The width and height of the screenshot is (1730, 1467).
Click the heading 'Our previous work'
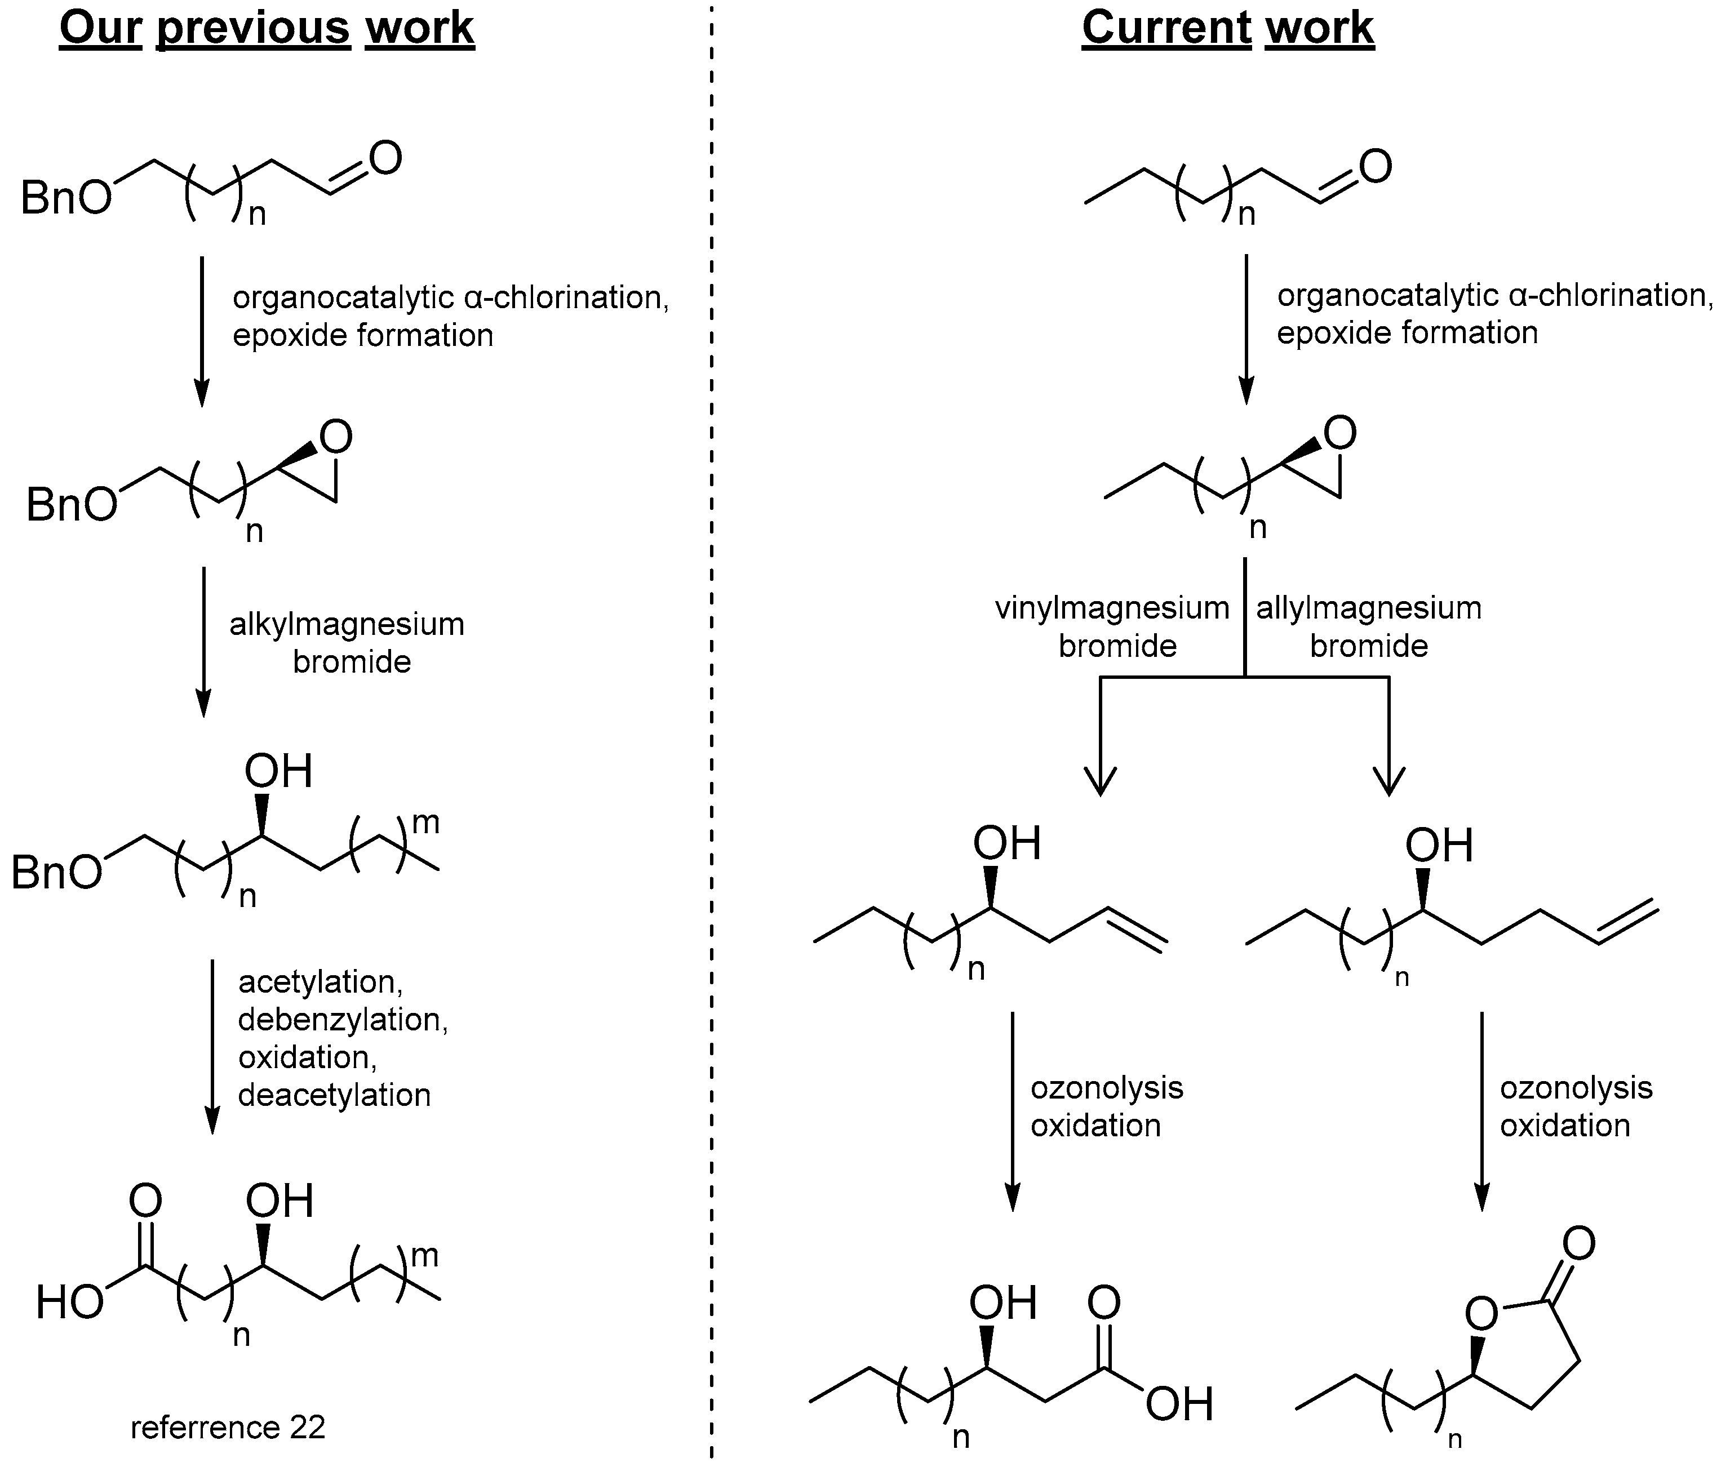pyautogui.click(x=266, y=28)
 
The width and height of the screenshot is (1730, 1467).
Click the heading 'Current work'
pyautogui.click(x=1228, y=28)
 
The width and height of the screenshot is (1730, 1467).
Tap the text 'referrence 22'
pyautogui.click(x=228, y=1427)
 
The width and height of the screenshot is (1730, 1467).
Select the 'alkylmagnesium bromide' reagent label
pyautogui.click(x=347, y=643)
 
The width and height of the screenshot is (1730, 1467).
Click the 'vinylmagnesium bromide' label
pyautogui.click(x=1112, y=626)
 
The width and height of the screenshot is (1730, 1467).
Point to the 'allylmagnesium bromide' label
pyautogui.click(x=1369, y=626)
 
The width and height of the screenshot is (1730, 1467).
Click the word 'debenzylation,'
pyautogui.click(x=343, y=1020)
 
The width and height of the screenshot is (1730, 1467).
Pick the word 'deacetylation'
pyautogui.click(x=334, y=1095)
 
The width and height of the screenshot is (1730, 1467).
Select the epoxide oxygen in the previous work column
pyautogui.click(x=336, y=437)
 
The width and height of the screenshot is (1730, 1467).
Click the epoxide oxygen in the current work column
pyautogui.click(x=1339, y=433)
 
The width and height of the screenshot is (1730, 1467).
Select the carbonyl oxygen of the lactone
pyautogui.click(x=1578, y=1244)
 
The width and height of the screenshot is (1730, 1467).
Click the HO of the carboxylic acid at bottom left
pyautogui.click(x=70, y=1303)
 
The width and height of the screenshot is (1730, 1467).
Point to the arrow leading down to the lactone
pyautogui.click(x=1481, y=1110)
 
